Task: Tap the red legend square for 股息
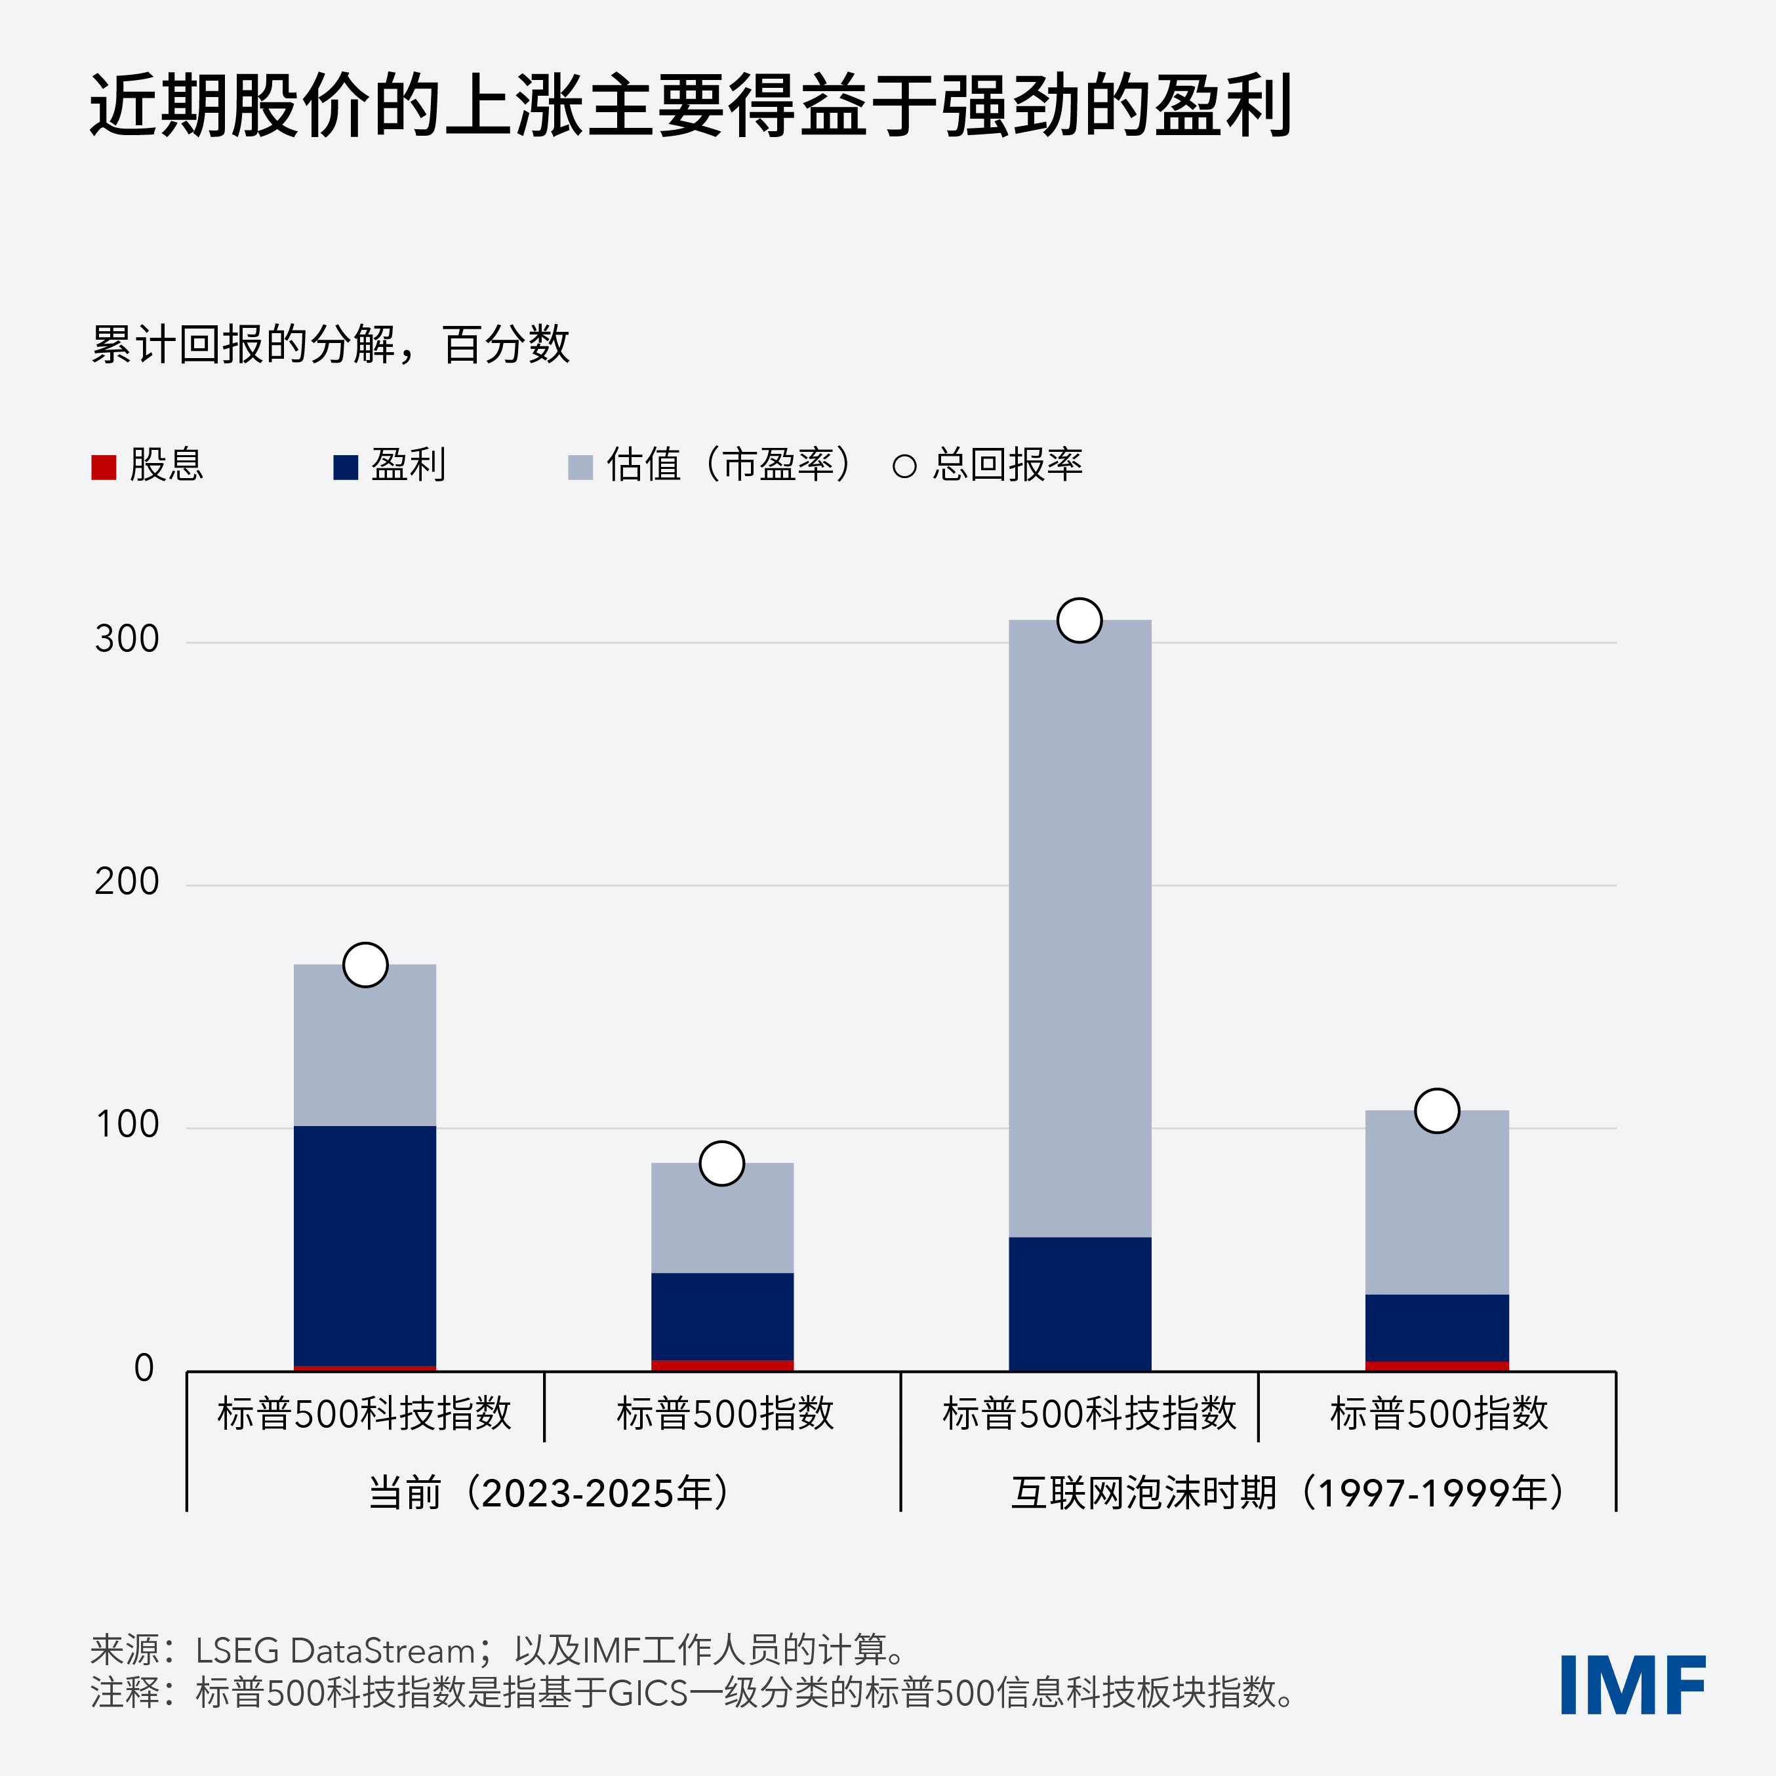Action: pos(104,467)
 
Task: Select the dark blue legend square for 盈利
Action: pos(346,467)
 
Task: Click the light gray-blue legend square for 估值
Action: pos(580,467)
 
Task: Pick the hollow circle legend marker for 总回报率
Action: pos(904,466)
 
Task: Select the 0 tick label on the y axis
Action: pos(144,1369)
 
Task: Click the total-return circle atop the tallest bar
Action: pos(1080,620)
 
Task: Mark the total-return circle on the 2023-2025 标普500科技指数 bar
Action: pos(365,965)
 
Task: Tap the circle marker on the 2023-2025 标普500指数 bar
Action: pos(721,1163)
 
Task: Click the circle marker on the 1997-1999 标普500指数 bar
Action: pos(1437,1110)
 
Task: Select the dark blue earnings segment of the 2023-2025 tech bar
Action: pos(365,1245)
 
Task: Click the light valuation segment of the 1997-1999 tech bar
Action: pos(1080,929)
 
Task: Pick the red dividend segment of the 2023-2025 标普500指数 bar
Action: pos(721,1365)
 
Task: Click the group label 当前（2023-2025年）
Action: pos(550,1493)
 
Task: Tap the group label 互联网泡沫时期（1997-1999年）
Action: pos(1287,1493)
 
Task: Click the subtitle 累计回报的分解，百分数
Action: pos(331,345)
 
